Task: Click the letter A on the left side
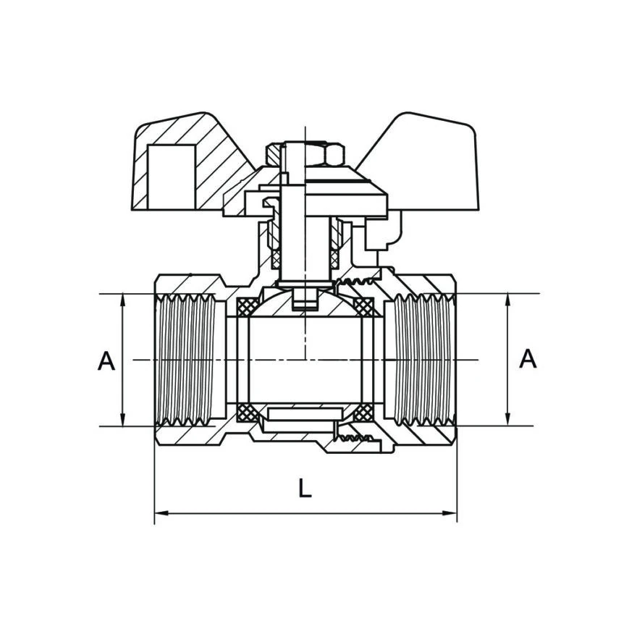click(106, 360)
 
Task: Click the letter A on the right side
click(528, 358)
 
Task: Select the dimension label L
click(305, 488)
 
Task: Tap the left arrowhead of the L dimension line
click(161, 513)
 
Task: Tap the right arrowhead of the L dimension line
click(450, 513)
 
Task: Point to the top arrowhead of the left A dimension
click(122, 300)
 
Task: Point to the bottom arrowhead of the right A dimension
click(507, 419)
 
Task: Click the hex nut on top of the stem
click(305, 154)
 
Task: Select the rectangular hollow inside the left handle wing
click(172, 177)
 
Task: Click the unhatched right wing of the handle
click(431, 162)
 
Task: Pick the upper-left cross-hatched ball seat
click(248, 307)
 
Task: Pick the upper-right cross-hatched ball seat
click(363, 307)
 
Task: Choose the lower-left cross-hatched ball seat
click(248, 413)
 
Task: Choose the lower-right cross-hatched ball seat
click(363, 413)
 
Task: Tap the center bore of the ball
click(305, 360)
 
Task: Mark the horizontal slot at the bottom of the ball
click(302, 414)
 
